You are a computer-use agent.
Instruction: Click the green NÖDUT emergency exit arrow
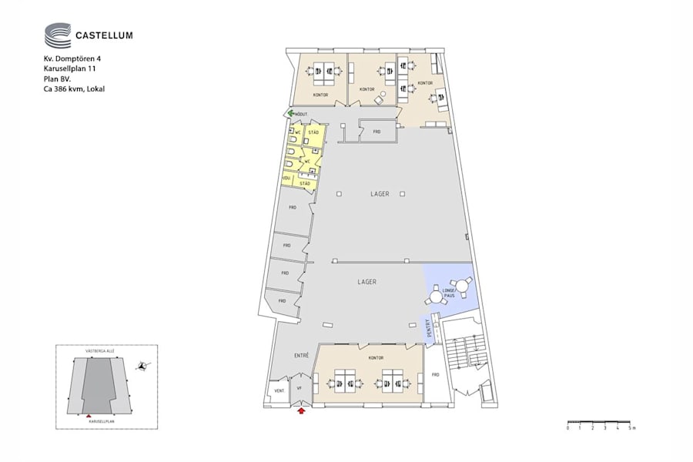(x=290, y=114)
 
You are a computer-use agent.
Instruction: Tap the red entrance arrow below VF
(x=301, y=412)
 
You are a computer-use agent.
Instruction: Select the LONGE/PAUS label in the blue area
(x=450, y=293)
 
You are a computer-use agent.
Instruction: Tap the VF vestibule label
(x=300, y=389)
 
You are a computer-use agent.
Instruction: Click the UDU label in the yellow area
(x=286, y=178)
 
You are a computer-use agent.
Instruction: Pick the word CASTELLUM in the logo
(x=104, y=34)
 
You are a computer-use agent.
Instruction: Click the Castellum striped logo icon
(x=57, y=35)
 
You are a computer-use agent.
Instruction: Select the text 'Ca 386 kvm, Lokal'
(x=74, y=89)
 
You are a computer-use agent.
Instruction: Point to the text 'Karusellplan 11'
(x=69, y=69)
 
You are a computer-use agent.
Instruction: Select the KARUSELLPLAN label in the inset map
(x=101, y=421)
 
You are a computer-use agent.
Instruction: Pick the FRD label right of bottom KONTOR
(x=435, y=374)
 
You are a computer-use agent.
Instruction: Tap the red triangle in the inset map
(x=89, y=416)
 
